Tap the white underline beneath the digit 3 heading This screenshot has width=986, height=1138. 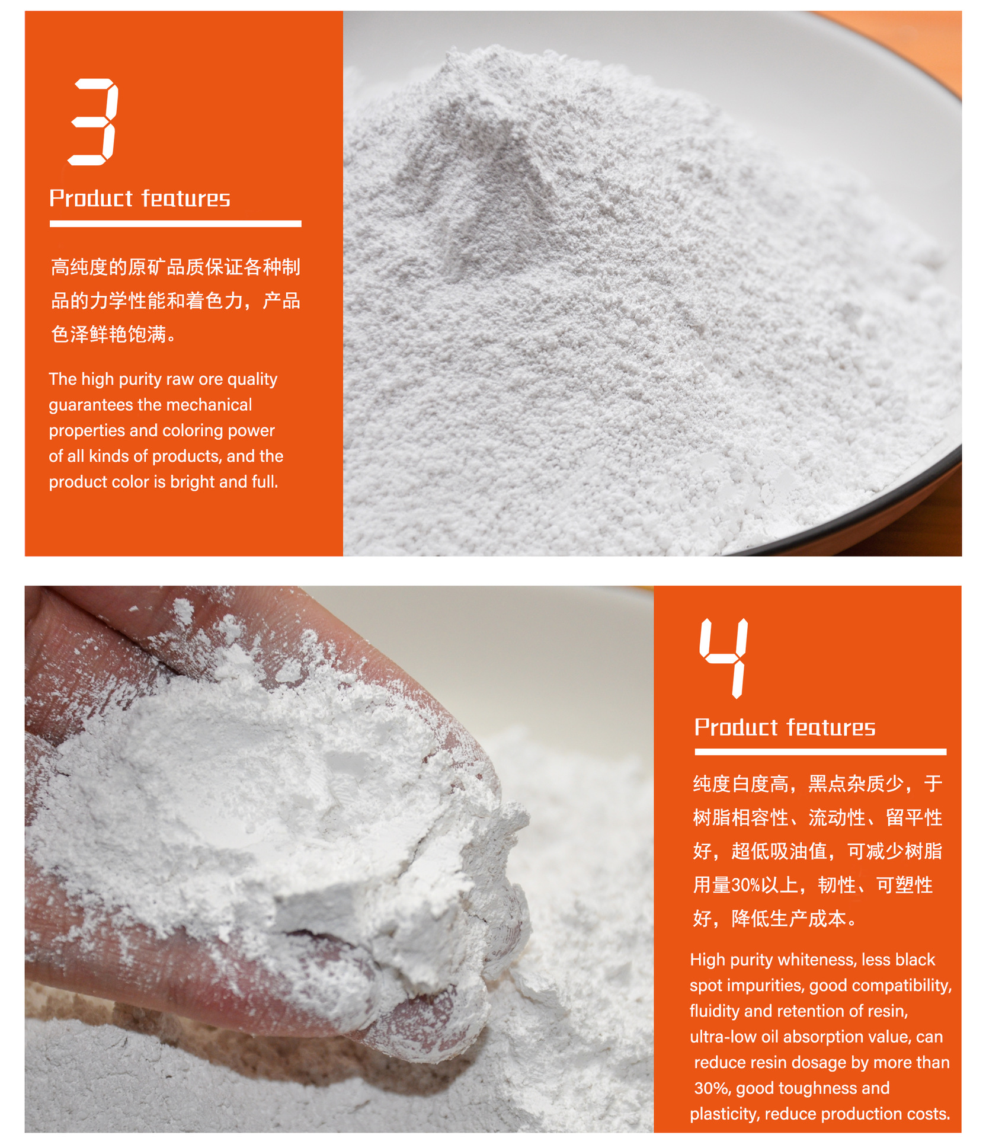pyautogui.click(x=175, y=223)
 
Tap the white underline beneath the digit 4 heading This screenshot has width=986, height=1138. pyautogui.click(x=820, y=752)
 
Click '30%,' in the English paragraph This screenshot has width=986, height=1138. pyautogui.click(x=712, y=1088)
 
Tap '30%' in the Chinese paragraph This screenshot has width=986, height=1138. pyautogui.click(x=745, y=886)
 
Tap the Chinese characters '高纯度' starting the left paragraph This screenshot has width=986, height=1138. pyautogui.click(x=79, y=267)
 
